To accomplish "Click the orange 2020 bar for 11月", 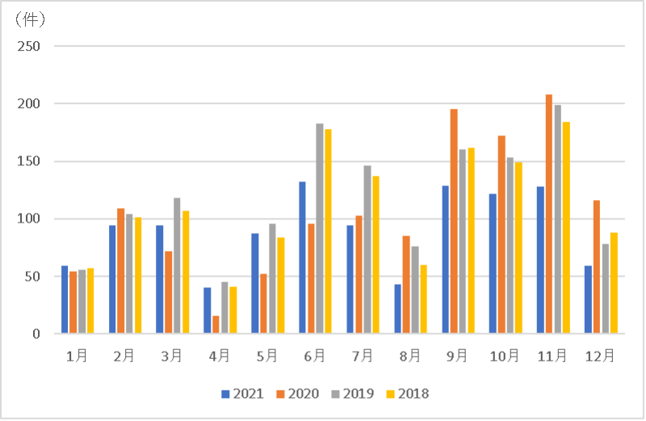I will [x=549, y=214].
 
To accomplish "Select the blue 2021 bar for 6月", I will [x=302, y=257].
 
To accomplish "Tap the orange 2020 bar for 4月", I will [x=216, y=324].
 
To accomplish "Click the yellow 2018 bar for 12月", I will [x=614, y=282].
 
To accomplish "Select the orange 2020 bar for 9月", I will [x=454, y=221].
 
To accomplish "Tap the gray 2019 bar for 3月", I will [x=177, y=265].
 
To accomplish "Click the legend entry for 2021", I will [x=241, y=394].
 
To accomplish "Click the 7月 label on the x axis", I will [x=363, y=355].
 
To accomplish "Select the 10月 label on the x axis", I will [x=505, y=355].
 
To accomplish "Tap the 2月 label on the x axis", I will [x=124, y=355].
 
